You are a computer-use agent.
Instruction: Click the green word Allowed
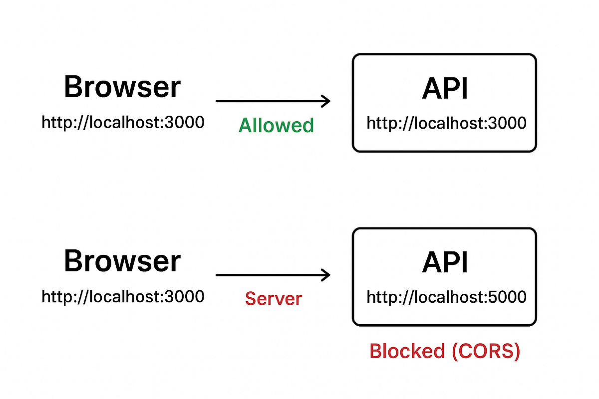(276, 125)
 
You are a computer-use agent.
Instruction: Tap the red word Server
(274, 299)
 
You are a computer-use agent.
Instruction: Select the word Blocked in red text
(407, 352)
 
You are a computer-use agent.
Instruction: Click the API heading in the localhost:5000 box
(445, 263)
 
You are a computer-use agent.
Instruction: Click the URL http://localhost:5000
(446, 297)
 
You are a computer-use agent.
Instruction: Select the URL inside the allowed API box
(446, 123)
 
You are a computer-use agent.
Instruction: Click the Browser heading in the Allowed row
(122, 87)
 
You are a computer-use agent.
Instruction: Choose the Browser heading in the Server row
(122, 261)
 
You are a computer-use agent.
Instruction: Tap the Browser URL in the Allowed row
(123, 122)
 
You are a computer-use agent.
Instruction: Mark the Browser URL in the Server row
(123, 296)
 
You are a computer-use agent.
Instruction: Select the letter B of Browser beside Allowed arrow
(73, 87)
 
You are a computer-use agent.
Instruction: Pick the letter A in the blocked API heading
(431, 263)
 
